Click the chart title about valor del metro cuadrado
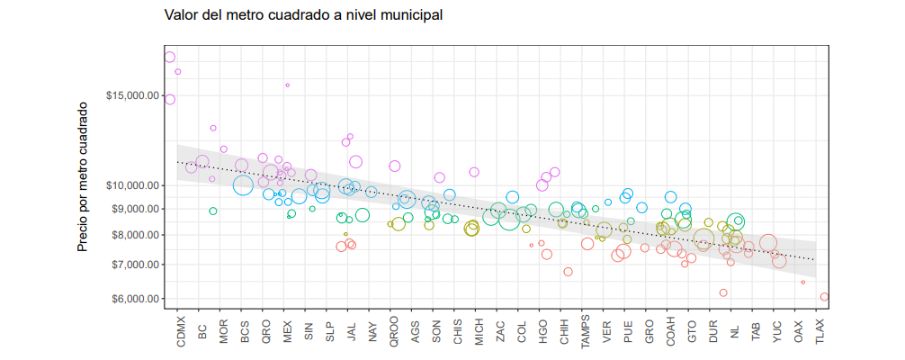(303, 15)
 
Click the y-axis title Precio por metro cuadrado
(82, 176)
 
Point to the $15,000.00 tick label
(132, 95)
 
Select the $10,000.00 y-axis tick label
(132, 185)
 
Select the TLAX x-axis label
(820, 331)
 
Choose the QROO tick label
(394, 330)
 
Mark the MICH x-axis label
(479, 330)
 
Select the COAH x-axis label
(670, 330)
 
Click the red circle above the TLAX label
(824, 297)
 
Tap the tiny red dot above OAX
(803, 283)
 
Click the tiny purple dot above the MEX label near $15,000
(288, 85)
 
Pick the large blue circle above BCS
(243, 185)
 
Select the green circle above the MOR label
(213, 211)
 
